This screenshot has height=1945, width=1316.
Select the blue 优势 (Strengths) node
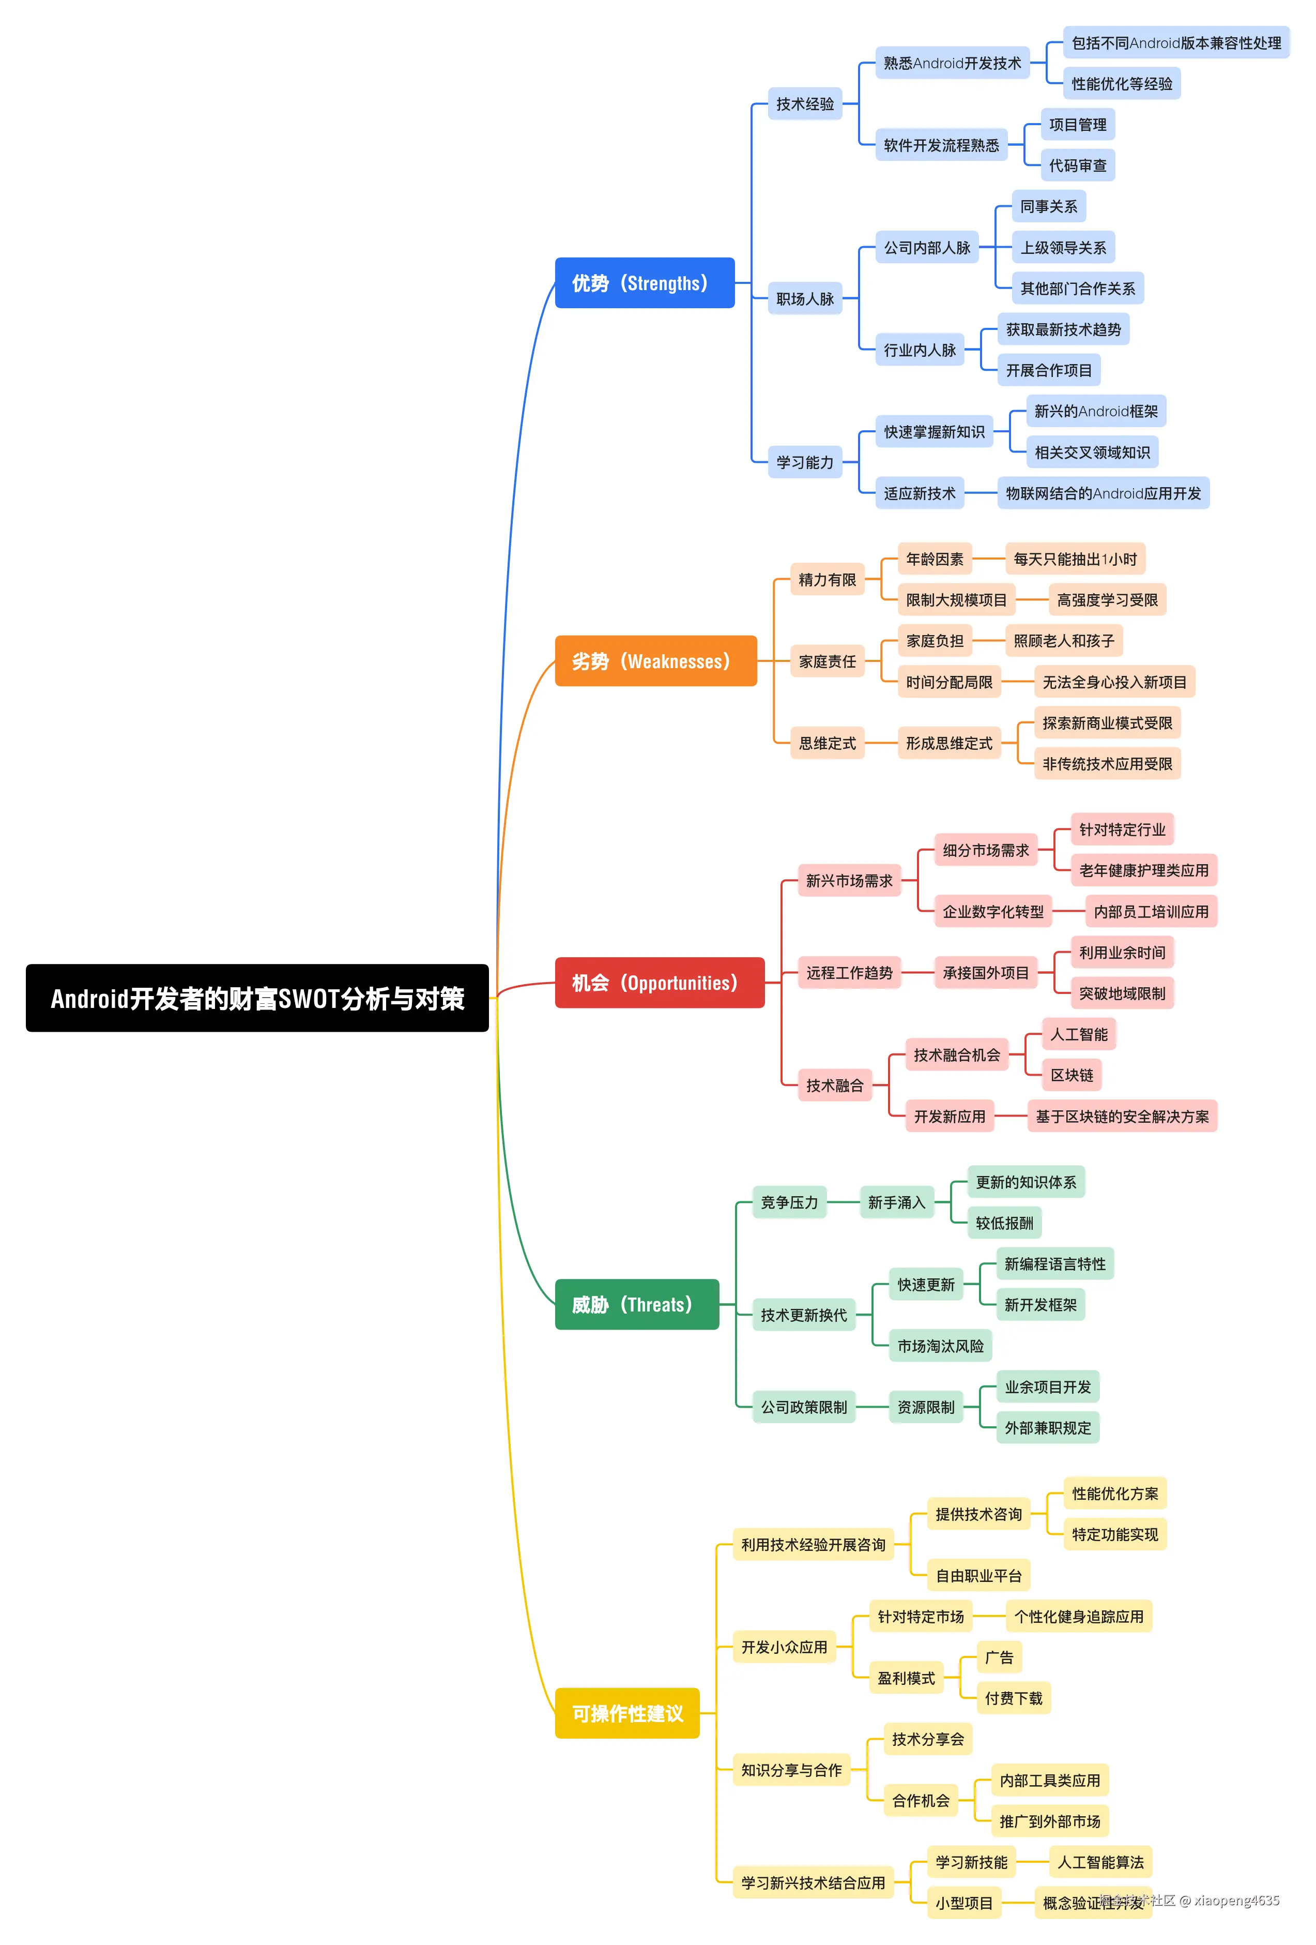point(644,283)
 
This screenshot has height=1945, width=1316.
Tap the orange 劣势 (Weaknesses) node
point(655,661)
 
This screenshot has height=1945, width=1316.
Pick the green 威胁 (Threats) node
point(636,1304)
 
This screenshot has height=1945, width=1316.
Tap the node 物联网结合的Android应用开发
point(1103,493)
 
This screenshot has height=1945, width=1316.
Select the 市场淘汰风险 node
point(940,1346)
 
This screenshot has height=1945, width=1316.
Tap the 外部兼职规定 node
point(1047,1428)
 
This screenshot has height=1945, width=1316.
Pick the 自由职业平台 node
point(978,1576)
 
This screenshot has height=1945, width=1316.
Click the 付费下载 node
point(1013,1698)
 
